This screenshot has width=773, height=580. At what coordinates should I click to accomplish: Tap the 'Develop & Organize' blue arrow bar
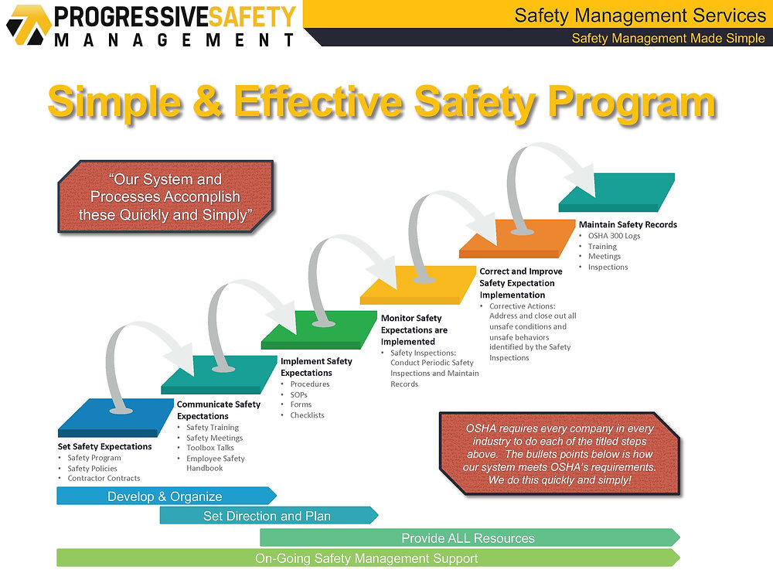point(165,496)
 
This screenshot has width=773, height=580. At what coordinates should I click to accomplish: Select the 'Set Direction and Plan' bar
point(267,516)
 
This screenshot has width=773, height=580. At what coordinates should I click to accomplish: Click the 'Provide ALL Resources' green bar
point(468,538)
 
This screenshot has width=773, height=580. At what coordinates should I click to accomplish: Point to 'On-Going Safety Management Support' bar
point(366,558)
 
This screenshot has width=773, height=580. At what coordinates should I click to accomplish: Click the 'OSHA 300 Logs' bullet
point(614,236)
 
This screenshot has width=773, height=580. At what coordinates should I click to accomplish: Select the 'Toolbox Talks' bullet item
point(209,448)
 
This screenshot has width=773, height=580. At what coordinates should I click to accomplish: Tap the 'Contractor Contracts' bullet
point(104,478)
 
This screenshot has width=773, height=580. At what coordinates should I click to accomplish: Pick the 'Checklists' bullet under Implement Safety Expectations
point(307,415)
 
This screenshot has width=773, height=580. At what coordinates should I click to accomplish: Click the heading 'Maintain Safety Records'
point(628,224)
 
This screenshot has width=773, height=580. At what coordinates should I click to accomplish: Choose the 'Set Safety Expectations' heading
point(104,446)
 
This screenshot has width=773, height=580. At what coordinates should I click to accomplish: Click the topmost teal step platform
point(617,191)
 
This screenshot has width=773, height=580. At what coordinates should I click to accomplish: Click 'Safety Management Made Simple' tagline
point(668,38)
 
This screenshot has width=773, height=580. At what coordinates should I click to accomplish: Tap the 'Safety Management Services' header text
point(639,15)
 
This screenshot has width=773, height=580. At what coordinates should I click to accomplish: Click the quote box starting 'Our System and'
point(165,197)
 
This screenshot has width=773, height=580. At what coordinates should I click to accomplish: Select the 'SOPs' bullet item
point(298,394)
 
